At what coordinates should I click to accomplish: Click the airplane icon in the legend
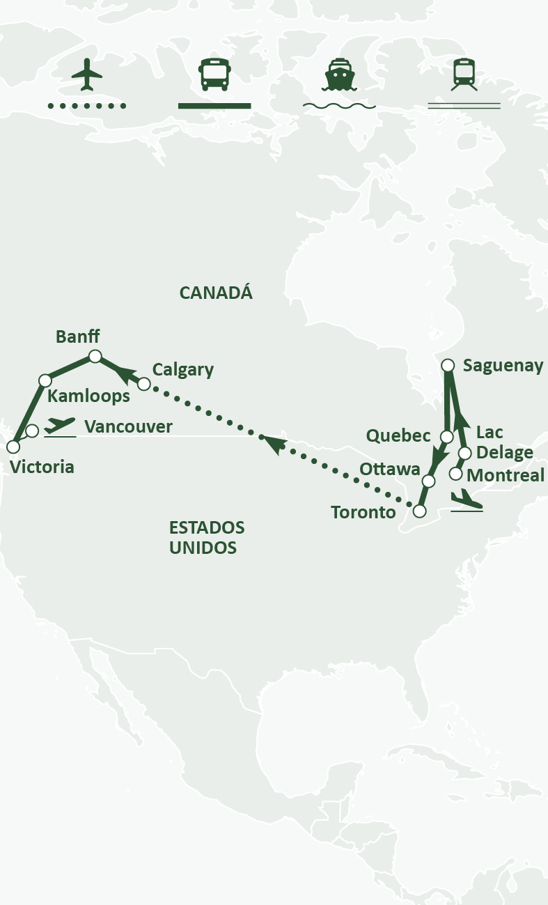[87, 75]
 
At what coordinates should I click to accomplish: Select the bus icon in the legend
[214, 75]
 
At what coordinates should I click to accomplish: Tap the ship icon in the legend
[339, 75]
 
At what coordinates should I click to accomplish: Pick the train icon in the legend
[464, 75]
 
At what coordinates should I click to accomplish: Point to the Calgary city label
[183, 369]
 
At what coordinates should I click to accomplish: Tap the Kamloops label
[88, 396]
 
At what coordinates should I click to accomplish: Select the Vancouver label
[128, 426]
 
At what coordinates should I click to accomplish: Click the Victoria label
[42, 467]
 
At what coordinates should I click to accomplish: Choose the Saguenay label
[503, 366]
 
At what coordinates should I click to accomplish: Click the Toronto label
[363, 513]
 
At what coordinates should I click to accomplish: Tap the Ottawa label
[390, 469]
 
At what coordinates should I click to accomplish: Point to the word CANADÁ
[216, 293]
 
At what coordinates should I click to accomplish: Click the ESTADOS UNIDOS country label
[207, 537]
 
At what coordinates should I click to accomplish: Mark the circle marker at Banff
[95, 357]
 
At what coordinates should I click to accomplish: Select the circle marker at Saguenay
[448, 365]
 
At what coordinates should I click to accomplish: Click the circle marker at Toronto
[419, 511]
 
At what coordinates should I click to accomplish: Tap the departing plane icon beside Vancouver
[60, 426]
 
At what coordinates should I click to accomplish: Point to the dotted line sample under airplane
[87, 106]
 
